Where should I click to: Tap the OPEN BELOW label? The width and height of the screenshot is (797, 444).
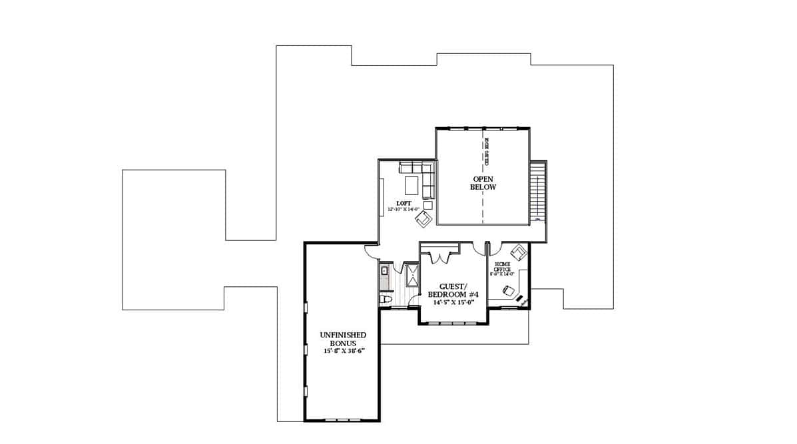tap(484, 183)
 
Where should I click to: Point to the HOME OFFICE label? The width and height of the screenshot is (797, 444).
tap(503, 266)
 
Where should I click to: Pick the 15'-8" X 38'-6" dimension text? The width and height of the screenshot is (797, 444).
tap(343, 351)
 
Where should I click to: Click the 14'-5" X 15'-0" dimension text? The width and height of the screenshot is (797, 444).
tap(453, 302)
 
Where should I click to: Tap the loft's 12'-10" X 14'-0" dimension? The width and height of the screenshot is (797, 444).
tap(407, 209)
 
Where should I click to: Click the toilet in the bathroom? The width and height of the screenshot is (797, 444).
tap(384, 300)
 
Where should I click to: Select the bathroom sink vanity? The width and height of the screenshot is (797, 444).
tap(384, 272)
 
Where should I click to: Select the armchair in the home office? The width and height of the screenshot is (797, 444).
tap(519, 252)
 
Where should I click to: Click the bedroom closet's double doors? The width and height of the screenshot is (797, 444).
tap(439, 255)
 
